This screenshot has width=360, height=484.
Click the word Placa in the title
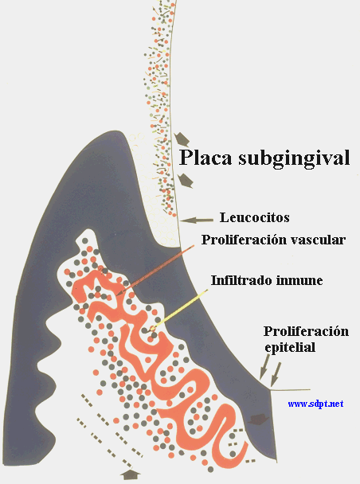(206, 157)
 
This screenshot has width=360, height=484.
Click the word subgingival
(294, 158)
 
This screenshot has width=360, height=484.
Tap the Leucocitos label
(254, 217)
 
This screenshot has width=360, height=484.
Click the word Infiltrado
(241, 280)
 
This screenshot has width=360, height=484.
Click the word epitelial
(290, 347)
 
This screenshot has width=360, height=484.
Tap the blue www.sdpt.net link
(315, 404)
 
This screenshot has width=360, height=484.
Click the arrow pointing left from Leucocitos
(197, 220)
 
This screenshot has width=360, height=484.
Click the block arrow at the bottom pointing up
(130, 474)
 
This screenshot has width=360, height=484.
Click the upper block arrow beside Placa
(182, 139)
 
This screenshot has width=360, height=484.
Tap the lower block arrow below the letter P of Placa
(186, 181)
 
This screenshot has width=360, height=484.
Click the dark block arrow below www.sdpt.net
(259, 420)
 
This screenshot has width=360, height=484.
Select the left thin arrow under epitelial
(264, 367)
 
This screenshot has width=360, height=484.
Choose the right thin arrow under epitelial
(276, 374)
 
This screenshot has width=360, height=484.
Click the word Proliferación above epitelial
(306, 331)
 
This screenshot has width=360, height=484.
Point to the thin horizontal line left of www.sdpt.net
(290, 390)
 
